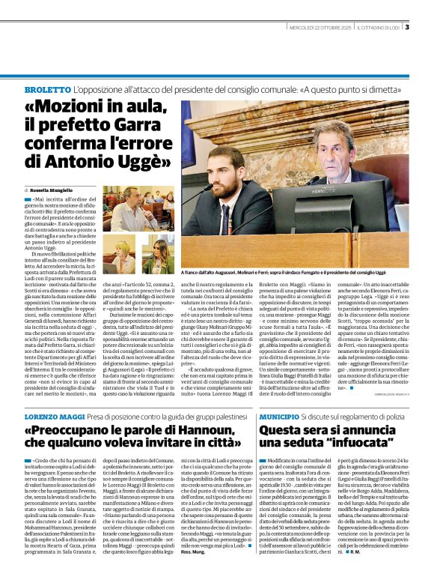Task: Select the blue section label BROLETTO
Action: [x=46, y=90]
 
